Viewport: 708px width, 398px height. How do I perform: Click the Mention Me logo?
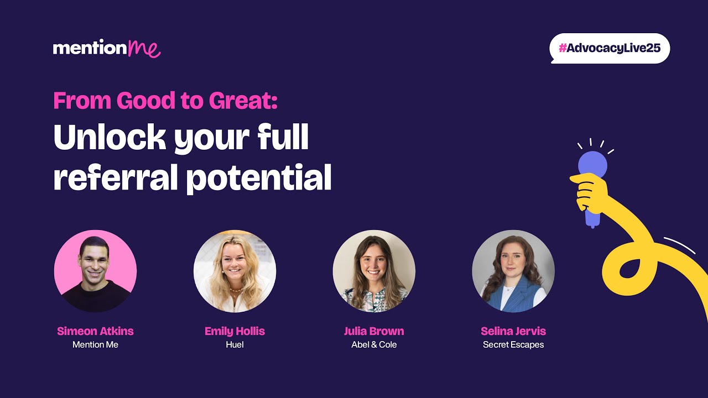pyautogui.click(x=107, y=48)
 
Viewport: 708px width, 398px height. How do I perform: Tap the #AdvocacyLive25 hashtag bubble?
pyautogui.click(x=610, y=48)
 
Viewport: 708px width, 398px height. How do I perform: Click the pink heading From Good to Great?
pyautogui.click(x=165, y=101)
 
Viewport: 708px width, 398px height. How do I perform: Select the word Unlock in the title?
pyautogui.click(x=109, y=138)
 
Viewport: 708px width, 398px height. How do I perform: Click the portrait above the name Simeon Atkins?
pyautogui.click(x=95, y=271)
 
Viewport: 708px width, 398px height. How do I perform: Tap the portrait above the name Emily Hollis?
pyautogui.click(x=235, y=271)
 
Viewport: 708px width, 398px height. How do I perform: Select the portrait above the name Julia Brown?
pyautogui.click(x=374, y=271)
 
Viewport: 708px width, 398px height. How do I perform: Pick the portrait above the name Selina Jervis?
pyautogui.click(x=513, y=271)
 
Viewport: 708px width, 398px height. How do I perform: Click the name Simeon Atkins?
pyautogui.click(x=95, y=331)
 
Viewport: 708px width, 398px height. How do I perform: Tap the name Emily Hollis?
pyautogui.click(x=235, y=331)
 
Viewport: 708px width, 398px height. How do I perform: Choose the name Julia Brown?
pyautogui.click(x=374, y=331)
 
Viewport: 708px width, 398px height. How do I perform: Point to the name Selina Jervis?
pyautogui.click(x=513, y=331)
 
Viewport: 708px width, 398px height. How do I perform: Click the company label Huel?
pyautogui.click(x=235, y=344)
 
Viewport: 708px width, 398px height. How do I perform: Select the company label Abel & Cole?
pyautogui.click(x=374, y=344)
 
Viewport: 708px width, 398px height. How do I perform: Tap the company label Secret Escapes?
pyautogui.click(x=513, y=344)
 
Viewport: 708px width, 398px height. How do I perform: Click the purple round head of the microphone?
pyautogui.click(x=592, y=165)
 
